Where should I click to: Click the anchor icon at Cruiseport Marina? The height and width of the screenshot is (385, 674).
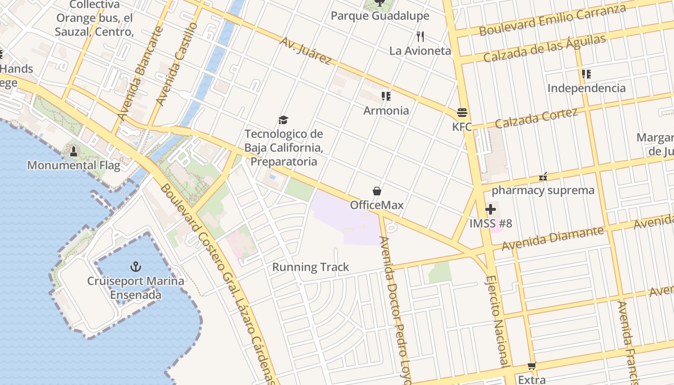coord(136,267)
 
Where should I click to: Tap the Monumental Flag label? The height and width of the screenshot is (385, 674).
coord(74,166)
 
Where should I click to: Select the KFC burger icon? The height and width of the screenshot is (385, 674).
coord(462,113)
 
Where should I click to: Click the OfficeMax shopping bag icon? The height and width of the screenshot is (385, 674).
coord(377,191)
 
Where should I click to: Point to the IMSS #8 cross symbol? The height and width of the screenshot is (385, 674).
coord(491,209)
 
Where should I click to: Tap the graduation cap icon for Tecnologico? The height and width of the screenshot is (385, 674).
coord(284,120)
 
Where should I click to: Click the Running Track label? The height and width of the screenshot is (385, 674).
coord(311,267)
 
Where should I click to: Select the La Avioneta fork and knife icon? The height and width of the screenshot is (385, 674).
coord(420,36)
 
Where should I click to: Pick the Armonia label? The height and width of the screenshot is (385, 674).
coord(386,111)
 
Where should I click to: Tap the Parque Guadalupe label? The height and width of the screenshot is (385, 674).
coord(380,16)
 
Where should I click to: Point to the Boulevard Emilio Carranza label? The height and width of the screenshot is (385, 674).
coord(552,20)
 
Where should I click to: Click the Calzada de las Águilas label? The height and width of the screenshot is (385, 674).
coord(544,49)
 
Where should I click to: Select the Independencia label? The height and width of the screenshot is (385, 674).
coord(586,88)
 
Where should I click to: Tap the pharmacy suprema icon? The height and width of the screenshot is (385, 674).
coord(543,177)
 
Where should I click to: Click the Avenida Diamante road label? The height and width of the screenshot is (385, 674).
coord(552,238)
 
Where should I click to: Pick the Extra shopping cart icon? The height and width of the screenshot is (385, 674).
coord(531,366)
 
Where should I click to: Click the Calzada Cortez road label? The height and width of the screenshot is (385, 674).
coord(536,118)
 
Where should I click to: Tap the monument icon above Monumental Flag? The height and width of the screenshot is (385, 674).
coord(74,152)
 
